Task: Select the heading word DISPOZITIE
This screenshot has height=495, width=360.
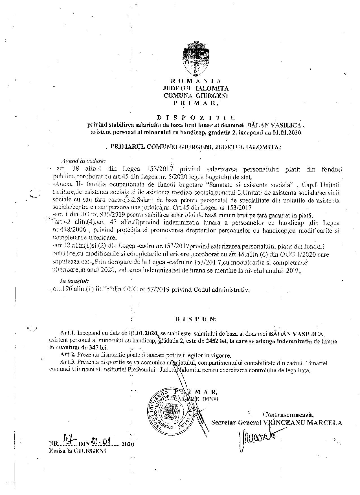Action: [196, 117]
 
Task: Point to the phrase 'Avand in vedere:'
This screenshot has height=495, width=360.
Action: [84, 161]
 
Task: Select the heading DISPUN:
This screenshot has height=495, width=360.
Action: [196, 319]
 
